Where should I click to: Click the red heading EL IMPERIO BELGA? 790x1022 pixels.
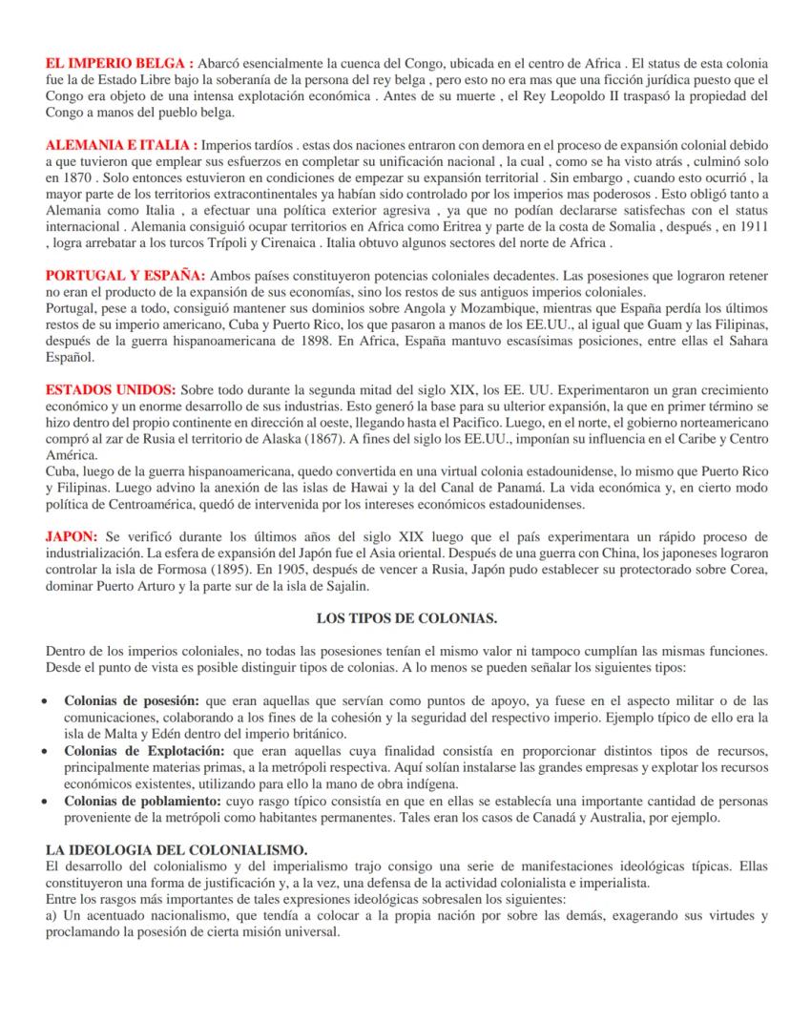tap(120, 63)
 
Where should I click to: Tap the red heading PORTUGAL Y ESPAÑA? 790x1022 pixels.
tap(125, 276)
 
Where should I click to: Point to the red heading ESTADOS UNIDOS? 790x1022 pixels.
tap(111, 391)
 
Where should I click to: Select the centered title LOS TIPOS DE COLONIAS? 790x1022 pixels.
tap(406, 617)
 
